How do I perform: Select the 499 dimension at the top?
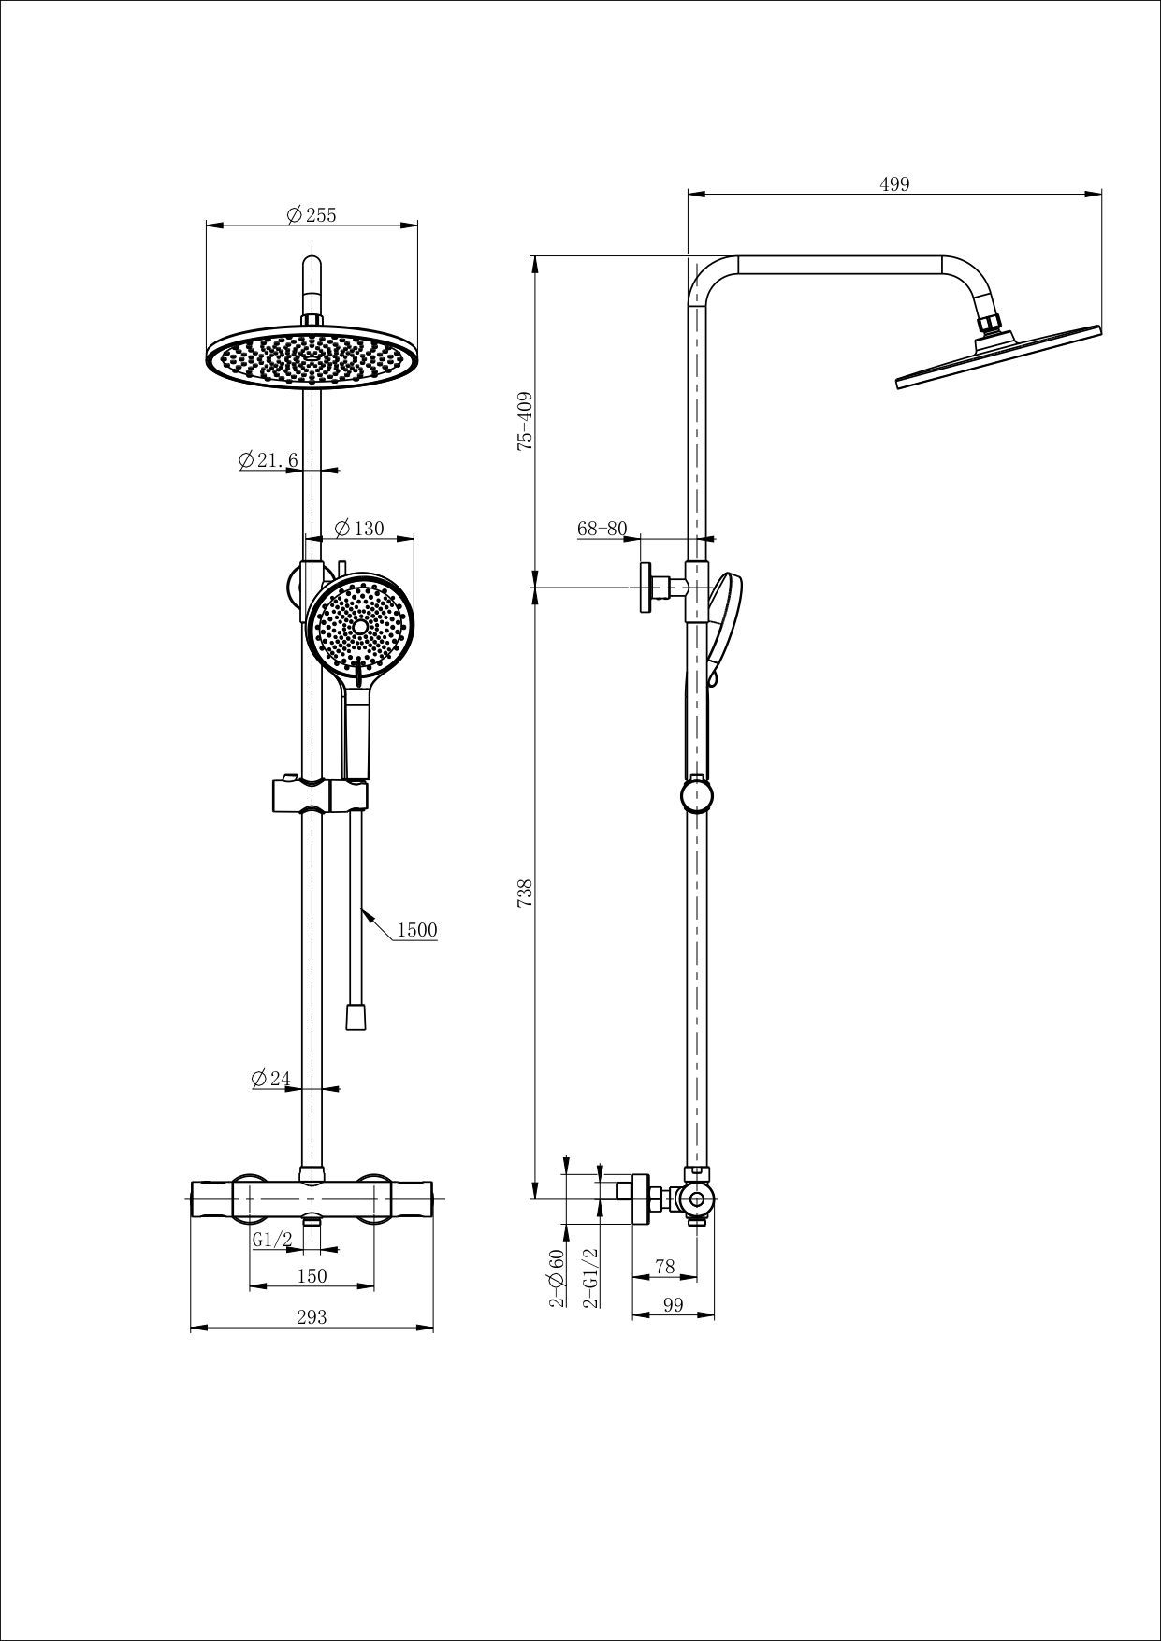click(x=894, y=184)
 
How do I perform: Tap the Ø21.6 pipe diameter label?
click(x=268, y=460)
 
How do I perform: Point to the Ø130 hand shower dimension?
click(x=359, y=529)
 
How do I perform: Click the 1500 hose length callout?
click(x=417, y=930)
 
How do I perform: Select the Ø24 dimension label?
click(x=271, y=1079)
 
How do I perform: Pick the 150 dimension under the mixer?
click(x=312, y=1276)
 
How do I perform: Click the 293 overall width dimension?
click(x=312, y=1317)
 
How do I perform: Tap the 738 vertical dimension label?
click(x=525, y=892)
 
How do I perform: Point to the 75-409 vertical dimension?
click(x=525, y=422)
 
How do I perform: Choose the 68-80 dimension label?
click(x=602, y=529)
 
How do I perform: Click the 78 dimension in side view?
click(x=664, y=1267)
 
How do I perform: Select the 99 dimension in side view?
click(x=673, y=1305)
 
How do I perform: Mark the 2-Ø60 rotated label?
click(x=558, y=1277)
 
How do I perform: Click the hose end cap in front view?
click(x=355, y=1017)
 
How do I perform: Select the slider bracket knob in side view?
click(x=697, y=796)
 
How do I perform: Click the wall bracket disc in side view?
click(x=646, y=588)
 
